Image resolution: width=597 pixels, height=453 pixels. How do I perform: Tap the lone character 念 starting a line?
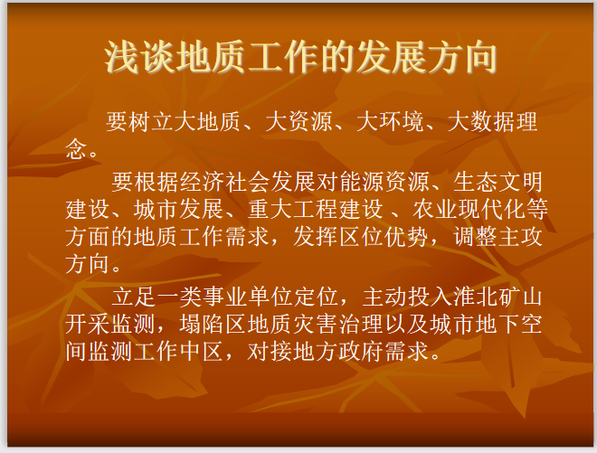[75, 149]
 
